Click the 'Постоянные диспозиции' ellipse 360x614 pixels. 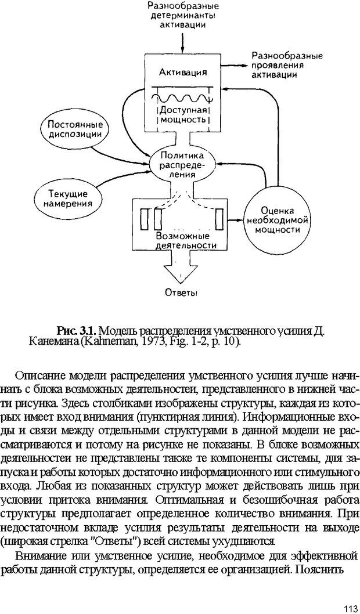tap(76, 129)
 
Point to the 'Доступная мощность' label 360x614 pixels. tap(182, 114)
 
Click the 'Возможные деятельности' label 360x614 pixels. tap(182, 241)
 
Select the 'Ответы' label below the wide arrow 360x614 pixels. tap(181, 292)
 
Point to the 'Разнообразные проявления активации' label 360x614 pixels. tap(286, 66)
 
